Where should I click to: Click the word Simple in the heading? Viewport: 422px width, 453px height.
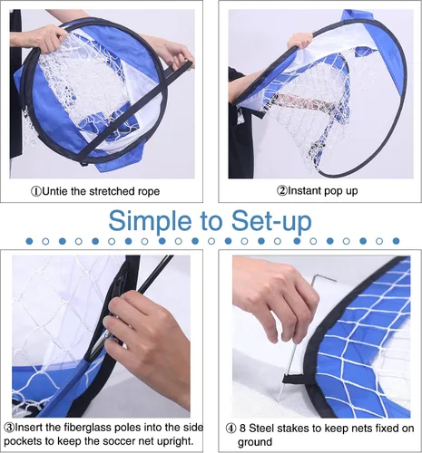point(150,222)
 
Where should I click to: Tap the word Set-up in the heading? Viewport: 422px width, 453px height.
point(271,221)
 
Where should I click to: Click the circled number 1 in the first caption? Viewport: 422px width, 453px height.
point(36,191)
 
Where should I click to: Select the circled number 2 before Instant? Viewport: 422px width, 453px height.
point(281,191)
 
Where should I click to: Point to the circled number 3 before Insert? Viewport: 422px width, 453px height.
point(9,428)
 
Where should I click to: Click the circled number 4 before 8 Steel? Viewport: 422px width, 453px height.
point(231,429)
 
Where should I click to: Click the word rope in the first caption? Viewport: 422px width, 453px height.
point(149,192)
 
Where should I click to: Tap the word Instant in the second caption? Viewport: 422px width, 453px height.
point(304,190)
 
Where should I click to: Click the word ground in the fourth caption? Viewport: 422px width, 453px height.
point(255,442)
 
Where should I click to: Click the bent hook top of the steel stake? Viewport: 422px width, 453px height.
point(323,278)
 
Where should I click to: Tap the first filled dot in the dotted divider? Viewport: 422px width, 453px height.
point(29,241)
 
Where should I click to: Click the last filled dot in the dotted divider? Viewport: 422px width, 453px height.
point(396,241)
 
